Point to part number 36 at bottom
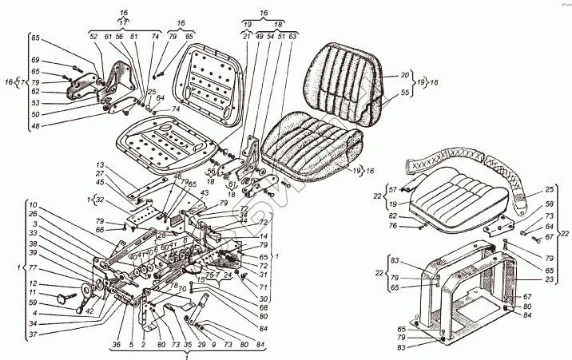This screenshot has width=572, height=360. pos(117,344)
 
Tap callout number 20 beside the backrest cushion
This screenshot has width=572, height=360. pos(382,75)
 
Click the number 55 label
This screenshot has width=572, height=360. pos(382,93)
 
